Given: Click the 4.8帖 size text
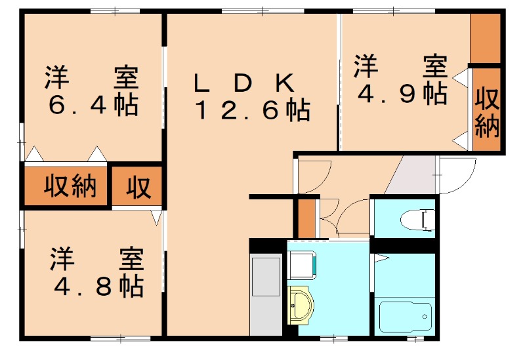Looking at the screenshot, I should [98, 286].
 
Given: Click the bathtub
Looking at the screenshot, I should [406, 317].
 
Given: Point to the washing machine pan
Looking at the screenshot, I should [303, 266].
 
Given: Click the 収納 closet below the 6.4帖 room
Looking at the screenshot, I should [70, 187].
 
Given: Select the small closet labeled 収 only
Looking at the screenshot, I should [138, 188].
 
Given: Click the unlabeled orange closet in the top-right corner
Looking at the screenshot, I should [486, 37].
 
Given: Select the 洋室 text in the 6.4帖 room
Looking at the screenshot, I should [92, 79].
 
